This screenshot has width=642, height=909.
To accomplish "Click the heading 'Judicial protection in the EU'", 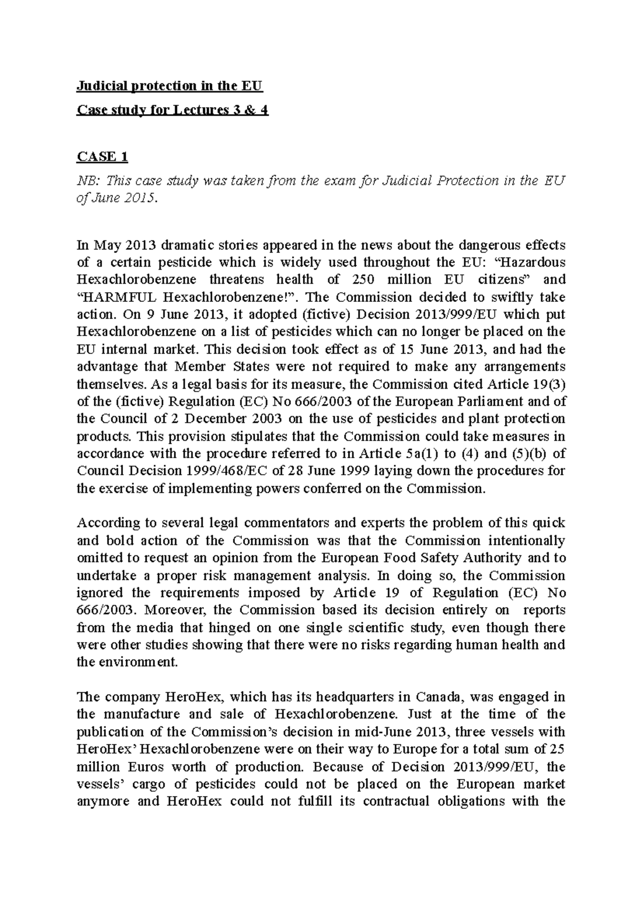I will coord(170,86).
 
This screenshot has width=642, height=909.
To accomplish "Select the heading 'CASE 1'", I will coord(103,156).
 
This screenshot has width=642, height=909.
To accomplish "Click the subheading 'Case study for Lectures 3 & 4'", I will coord(172,110).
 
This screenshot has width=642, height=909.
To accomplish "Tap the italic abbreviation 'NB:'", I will coord(89,181).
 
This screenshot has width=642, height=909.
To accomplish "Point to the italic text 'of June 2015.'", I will coord(118,198).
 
